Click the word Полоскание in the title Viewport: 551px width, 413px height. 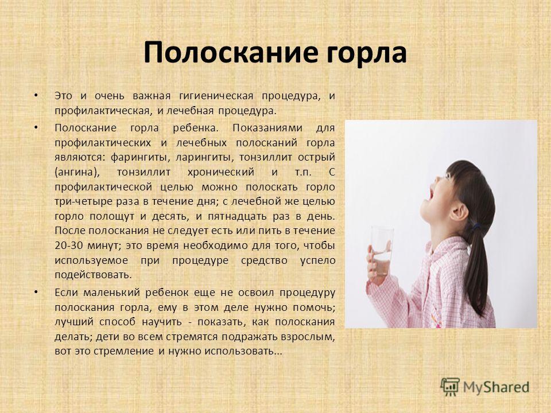pos(223,53)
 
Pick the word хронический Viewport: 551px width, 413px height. pos(220,172)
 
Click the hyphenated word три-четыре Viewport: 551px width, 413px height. pos(84,202)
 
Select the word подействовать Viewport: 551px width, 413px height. pos(93,275)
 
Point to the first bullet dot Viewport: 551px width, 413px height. pos(36,95)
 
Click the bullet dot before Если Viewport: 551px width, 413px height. pos(36,291)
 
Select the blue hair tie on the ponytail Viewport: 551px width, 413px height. pos(476,228)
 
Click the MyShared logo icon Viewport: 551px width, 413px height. pos(450,387)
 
